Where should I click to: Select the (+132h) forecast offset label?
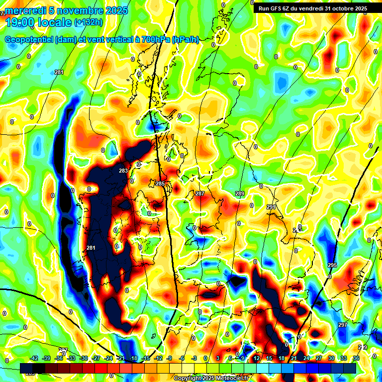coord(88,22)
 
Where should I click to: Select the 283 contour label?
coord(123,171)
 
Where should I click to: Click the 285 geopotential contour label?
coord(160,184)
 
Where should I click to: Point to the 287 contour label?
coord(200,193)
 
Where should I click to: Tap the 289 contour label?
coord(240,193)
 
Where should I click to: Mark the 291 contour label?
coord(271,207)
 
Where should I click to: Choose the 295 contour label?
coord(332,265)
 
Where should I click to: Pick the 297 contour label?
coord(342,325)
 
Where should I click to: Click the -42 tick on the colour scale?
coord(34,358)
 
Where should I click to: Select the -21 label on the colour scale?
coord(120,358)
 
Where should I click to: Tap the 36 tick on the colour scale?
coord(356,358)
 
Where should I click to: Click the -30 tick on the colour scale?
coord(84,358)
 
